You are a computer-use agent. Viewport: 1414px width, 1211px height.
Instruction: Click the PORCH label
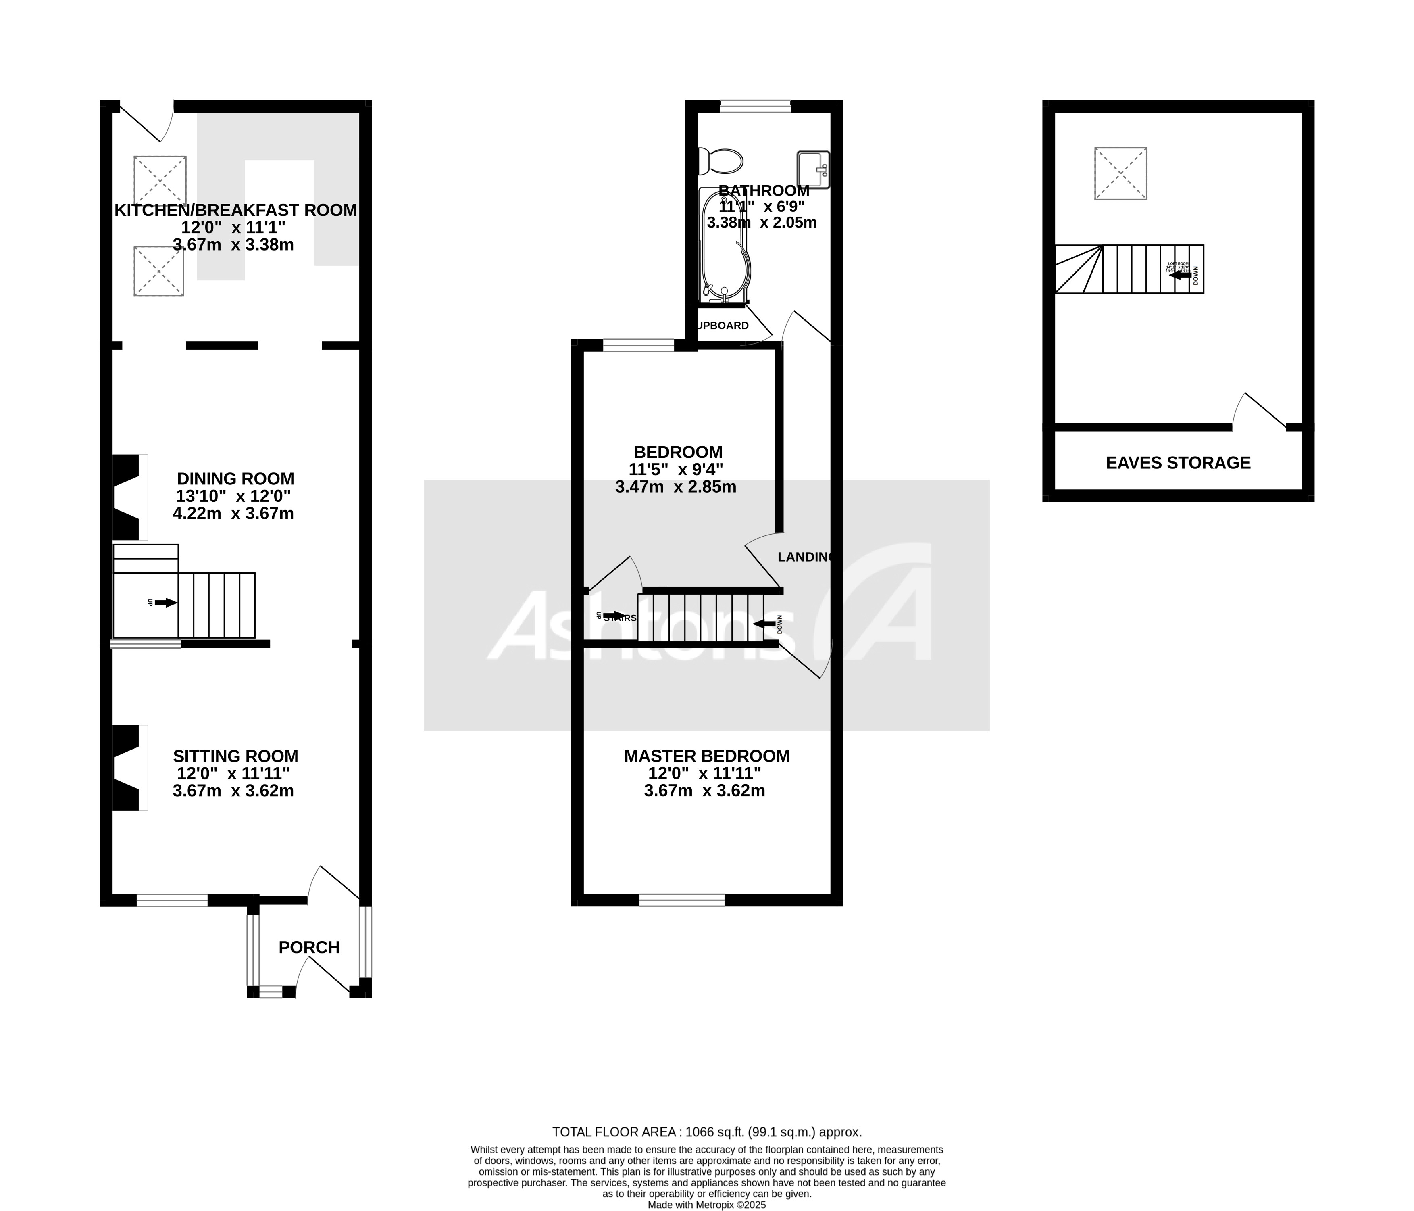(x=309, y=948)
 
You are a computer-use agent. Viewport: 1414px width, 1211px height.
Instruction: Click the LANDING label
(x=805, y=557)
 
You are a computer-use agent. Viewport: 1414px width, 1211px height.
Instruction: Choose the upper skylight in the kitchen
(x=160, y=181)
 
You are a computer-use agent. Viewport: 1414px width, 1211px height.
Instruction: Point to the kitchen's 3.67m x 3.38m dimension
(x=233, y=245)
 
